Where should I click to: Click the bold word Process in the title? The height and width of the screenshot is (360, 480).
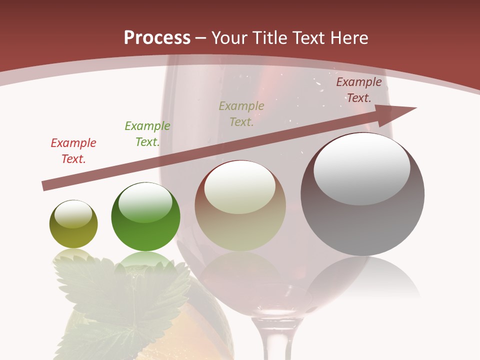[x=157, y=37]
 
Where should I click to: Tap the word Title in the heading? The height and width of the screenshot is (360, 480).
[x=270, y=37]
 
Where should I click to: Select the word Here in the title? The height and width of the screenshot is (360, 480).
[x=349, y=37]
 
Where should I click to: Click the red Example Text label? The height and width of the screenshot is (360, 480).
[x=73, y=151]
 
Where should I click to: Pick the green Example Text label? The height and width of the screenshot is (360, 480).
[x=147, y=134]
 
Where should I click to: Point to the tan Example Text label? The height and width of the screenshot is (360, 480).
[x=241, y=113]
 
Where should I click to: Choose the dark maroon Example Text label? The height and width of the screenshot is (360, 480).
[x=359, y=90]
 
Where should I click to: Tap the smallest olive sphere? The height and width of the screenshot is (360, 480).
[x=73, y=224]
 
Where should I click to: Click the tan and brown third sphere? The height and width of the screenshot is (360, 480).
[x=240, y=206]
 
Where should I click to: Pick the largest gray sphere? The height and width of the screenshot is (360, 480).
[x=362, y=195]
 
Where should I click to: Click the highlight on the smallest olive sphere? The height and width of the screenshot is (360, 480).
[x=73, y=214]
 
